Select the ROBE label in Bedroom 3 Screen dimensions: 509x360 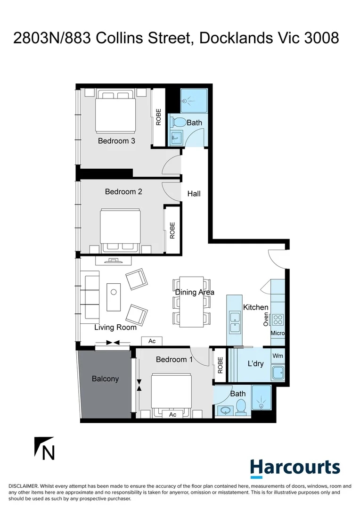point(159,117)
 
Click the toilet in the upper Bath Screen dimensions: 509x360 point(178,122)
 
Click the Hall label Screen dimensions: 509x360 point(194,193)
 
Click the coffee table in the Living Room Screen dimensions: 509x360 point(114,296)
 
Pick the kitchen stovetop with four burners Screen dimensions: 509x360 point(278,320)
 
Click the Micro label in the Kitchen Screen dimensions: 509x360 point(277,333)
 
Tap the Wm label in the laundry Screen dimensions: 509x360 point(278,356)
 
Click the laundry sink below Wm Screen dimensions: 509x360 point(278,373)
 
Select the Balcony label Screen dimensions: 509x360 point(105,378)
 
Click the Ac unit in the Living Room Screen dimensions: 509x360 point(152,341)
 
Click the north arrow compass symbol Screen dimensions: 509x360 point(45,449)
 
